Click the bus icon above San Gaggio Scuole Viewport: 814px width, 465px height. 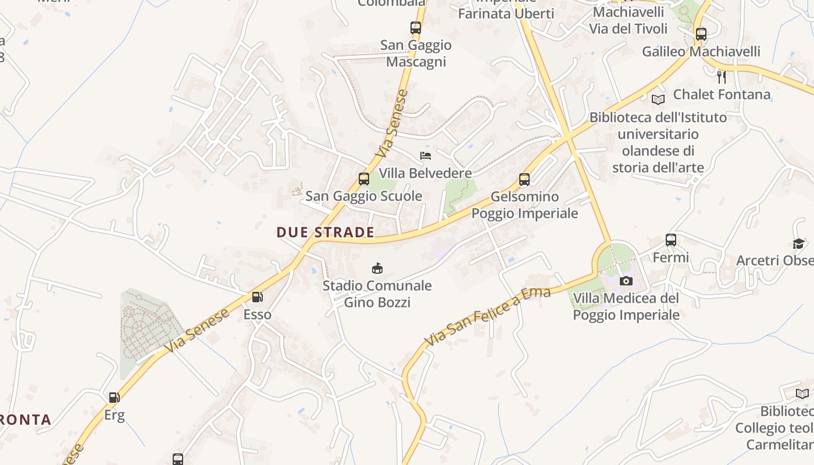click(364, 179)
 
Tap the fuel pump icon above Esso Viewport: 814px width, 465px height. click(257, 297)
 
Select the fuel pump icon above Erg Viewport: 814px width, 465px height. click(115, 398)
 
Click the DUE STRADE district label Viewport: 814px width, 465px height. click(325, 233)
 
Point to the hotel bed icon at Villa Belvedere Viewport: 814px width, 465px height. click(426, 156)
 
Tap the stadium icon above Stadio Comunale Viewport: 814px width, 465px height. click(377, 268)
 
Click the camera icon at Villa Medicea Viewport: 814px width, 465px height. click(626, 281)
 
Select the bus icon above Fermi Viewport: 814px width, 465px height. click(671, 239)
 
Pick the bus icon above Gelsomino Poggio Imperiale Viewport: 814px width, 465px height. click(524, 180)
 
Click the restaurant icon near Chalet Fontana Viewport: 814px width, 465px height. click(722, 77)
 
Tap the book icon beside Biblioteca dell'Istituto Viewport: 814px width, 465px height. click(658, 99)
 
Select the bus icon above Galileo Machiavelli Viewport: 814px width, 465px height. click(701, 34)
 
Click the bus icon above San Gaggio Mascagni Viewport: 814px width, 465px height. click(415, 27)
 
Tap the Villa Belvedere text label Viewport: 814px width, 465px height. click(425, 173)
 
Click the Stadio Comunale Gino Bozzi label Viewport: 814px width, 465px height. click(377, 294)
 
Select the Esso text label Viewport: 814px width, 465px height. click(257, 314)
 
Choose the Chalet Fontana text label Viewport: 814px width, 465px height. click(722, 94)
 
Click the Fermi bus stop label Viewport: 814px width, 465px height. click(671, 257)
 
